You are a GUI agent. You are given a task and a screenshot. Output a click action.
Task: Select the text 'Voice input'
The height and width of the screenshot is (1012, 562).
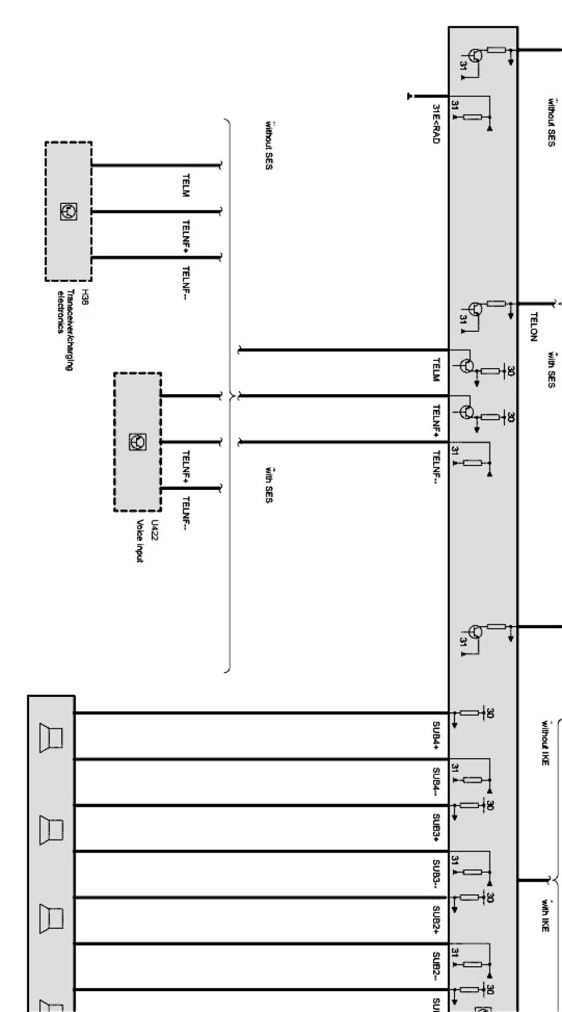140,541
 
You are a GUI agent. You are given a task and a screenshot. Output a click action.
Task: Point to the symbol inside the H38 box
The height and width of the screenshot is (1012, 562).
68,211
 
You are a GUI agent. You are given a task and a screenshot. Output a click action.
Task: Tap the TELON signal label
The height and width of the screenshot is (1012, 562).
533,326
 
